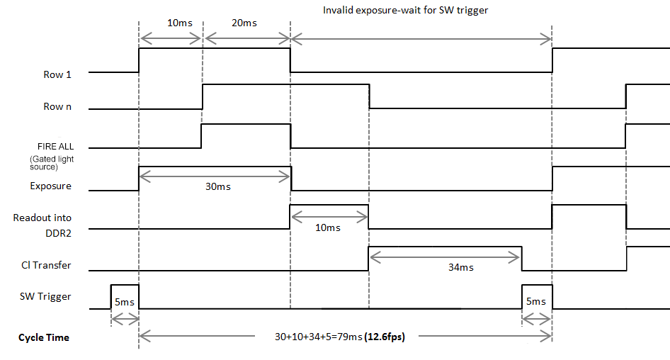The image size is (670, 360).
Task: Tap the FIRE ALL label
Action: click(56, 146)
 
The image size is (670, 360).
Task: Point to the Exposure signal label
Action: click(51, 186)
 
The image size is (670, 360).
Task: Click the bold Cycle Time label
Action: click(44, 337)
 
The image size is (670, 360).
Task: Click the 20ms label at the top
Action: click(244, 23)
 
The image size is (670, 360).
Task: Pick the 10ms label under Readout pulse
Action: click(327, 227)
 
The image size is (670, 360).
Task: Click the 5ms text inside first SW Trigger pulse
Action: click(124, 302)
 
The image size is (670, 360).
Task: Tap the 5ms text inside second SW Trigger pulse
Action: click(535, 301)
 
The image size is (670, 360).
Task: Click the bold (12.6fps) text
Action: click(383, 337)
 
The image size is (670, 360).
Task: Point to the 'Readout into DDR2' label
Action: click(42, 224)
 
